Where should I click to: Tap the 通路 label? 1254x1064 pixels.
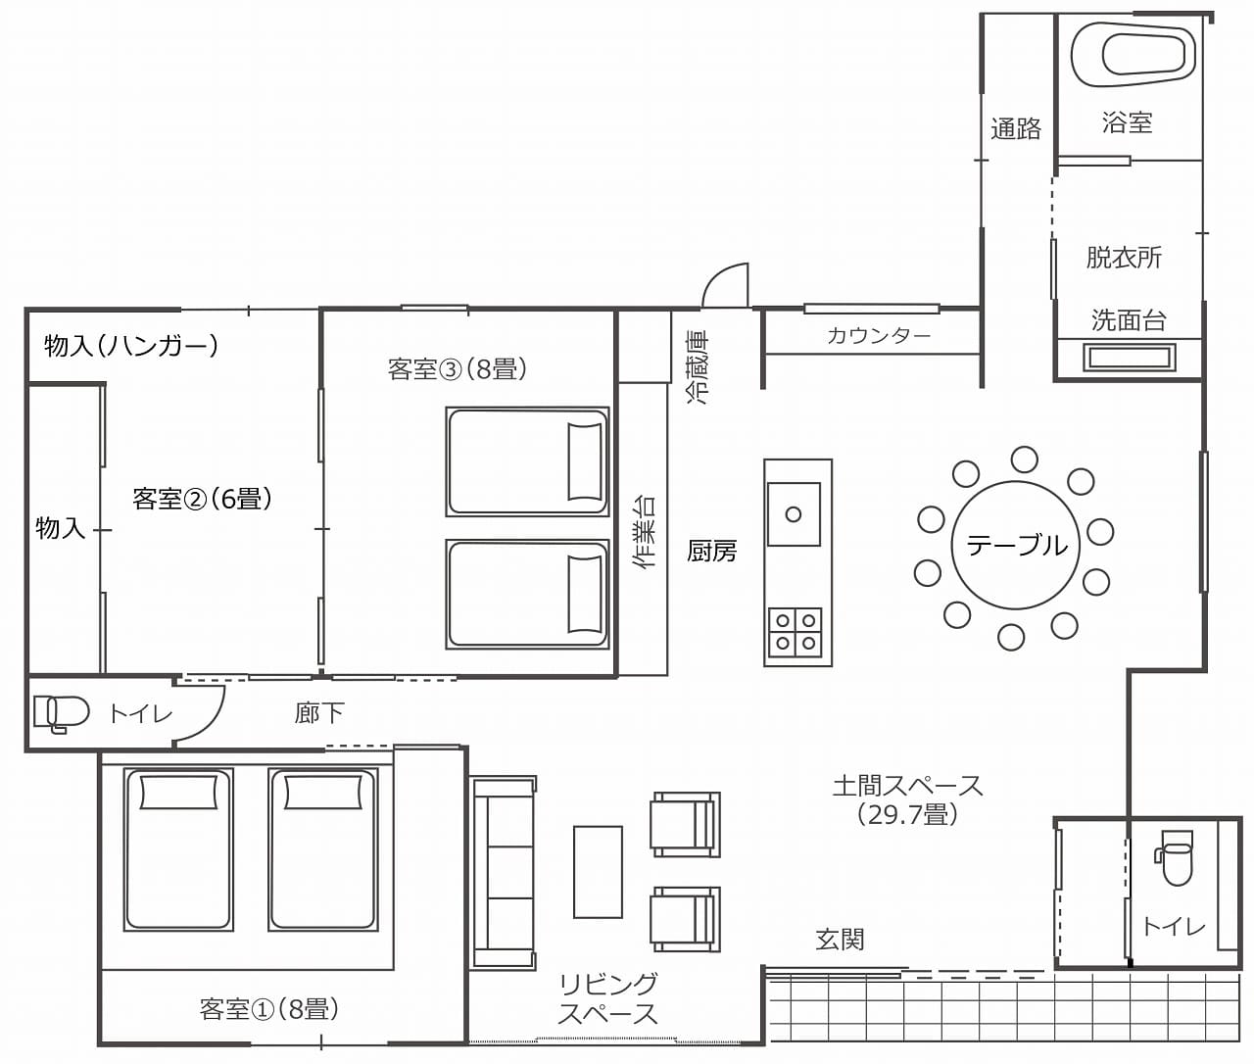coord(1016,128)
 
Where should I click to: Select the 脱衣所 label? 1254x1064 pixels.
coord(1124,258)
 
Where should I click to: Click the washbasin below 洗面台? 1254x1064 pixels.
coord(1129,358)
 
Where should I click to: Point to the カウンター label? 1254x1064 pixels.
coord(879,335)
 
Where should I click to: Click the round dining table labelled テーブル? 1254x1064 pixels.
coord(1016,545)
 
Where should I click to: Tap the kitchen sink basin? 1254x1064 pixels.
coord(794,514)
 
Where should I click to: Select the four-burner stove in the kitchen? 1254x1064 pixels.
coord(796,633)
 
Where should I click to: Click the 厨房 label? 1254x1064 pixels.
coord(711,551)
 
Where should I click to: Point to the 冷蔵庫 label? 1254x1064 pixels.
coord(698,367)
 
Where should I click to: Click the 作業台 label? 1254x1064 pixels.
coord(645,533)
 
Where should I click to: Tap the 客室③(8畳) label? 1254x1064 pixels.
coord(457,368)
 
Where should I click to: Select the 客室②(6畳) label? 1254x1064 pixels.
coord(202,499)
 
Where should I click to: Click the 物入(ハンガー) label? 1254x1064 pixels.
coord(131,346)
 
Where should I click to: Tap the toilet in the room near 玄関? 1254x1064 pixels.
coord(1174,857)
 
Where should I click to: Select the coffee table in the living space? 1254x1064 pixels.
coord(598,872)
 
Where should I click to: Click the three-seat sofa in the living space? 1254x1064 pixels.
coord(504,873)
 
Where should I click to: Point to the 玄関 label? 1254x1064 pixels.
coord(840,940)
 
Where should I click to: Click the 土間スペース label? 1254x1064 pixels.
coord(907,786)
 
